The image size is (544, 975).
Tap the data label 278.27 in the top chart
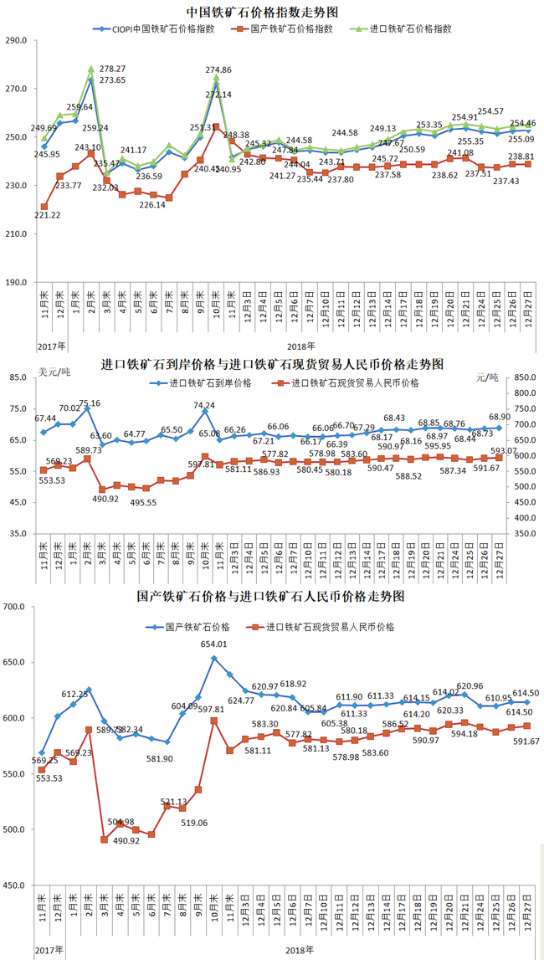tap(112, 69)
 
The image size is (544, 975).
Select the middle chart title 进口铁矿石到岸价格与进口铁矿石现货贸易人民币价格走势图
tap(271, 365)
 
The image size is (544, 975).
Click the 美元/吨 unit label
tap(55, 371)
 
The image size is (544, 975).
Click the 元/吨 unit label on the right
tap(487, 377)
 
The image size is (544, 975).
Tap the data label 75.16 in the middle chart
tap(89, 403)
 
